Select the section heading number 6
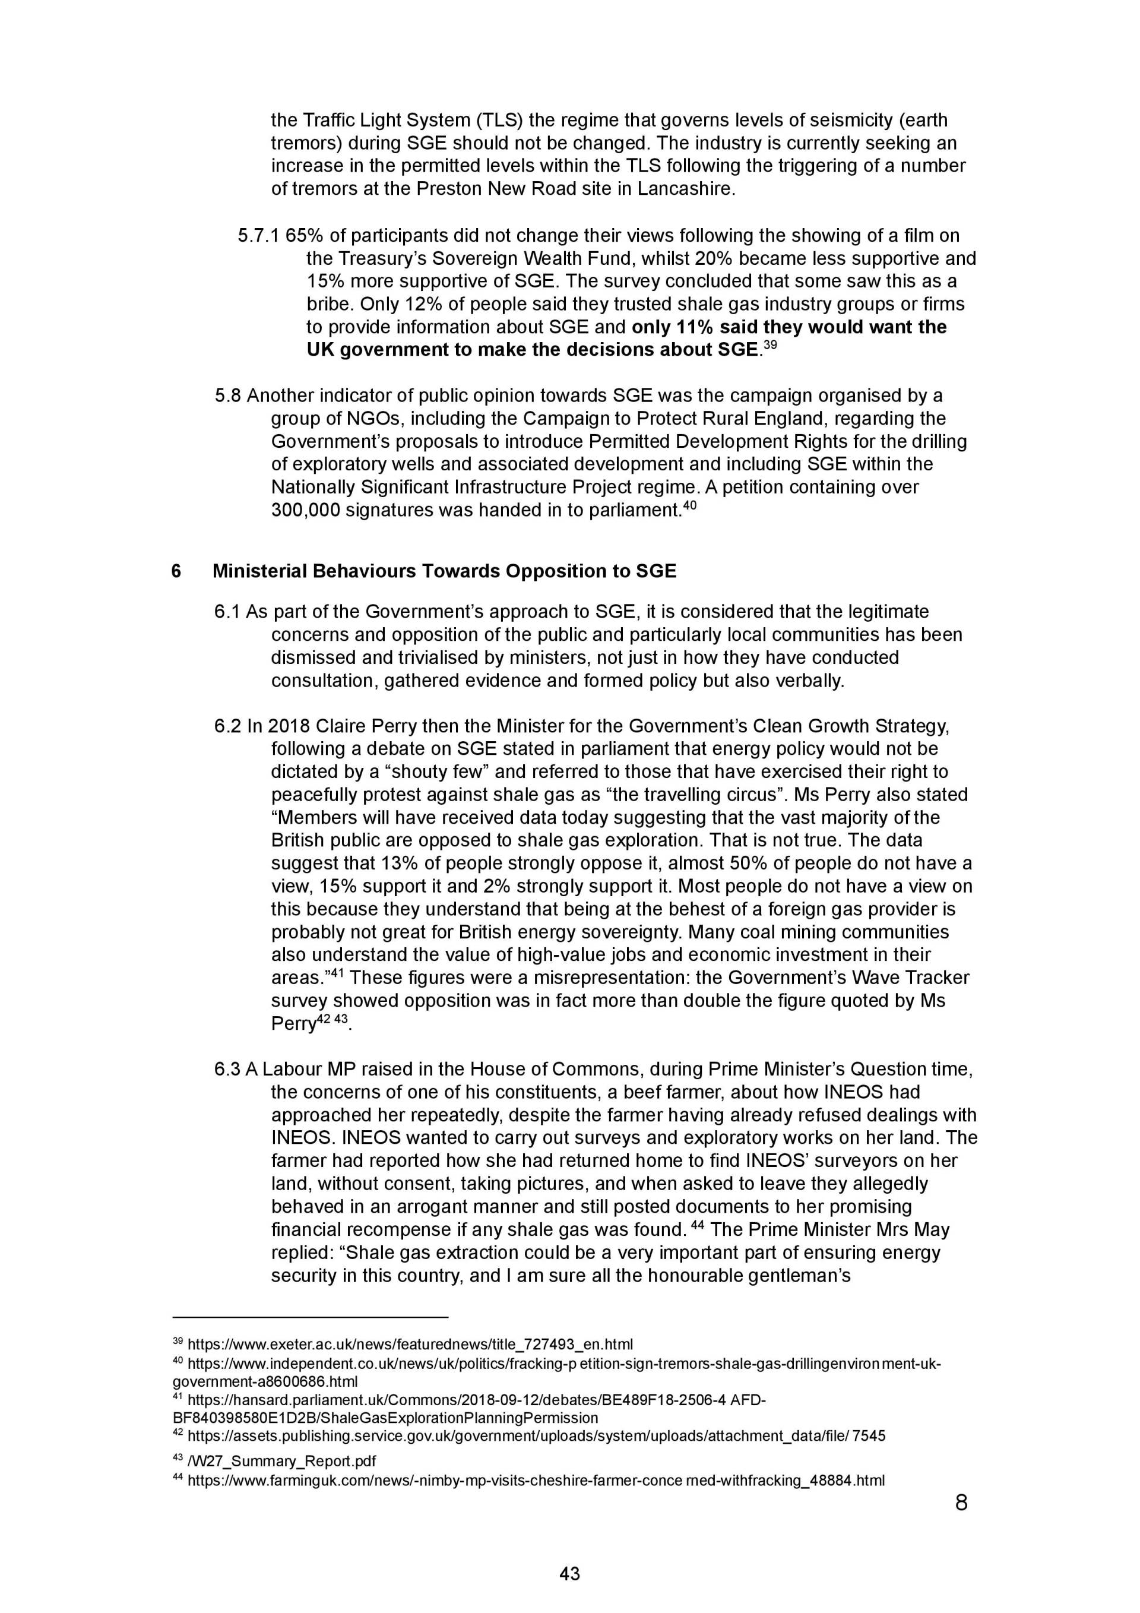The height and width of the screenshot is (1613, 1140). (x=176, y=571)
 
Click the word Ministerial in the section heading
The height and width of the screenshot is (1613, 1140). (x=259, y=571)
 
